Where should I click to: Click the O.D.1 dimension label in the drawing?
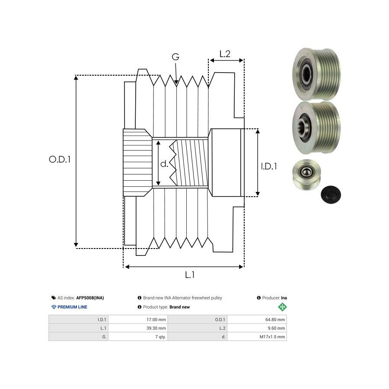(x=60, y=159)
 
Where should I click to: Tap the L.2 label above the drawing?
(x=225, y=54)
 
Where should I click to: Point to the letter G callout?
(x=175, y=57)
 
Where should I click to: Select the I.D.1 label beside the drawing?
(x=269, y=166)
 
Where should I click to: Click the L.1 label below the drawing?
(x=190, y=274)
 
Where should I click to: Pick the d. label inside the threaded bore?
(x=164, y=164)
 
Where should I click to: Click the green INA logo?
(x=282, y=307)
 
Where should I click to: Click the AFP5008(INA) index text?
(x=90, y=298)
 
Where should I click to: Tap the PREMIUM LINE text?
(x=72, y=307)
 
